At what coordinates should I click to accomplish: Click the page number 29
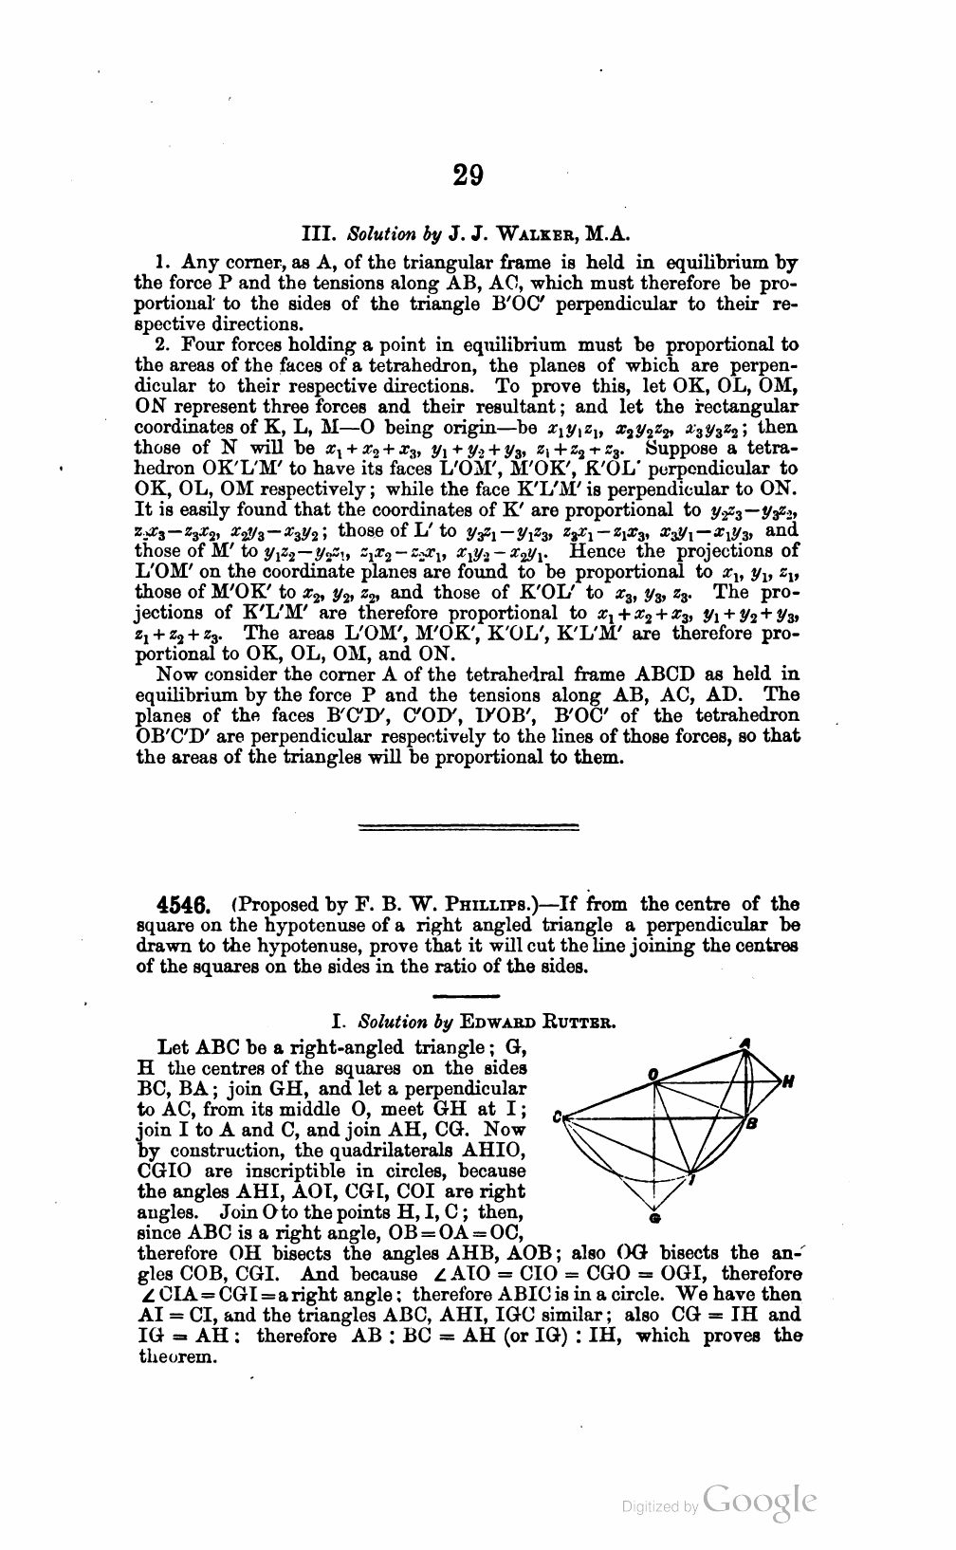tap(468, 175)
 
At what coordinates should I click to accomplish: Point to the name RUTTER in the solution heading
tap(576, 1023)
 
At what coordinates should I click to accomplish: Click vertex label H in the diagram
tap(788, 1081)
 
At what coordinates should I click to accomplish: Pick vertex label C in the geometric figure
tap(557, 1117)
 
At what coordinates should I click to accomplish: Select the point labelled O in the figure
tap(653, 1073)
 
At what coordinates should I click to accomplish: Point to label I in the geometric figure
tap(692, 1179)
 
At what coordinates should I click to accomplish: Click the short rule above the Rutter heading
tap(466, 996)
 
